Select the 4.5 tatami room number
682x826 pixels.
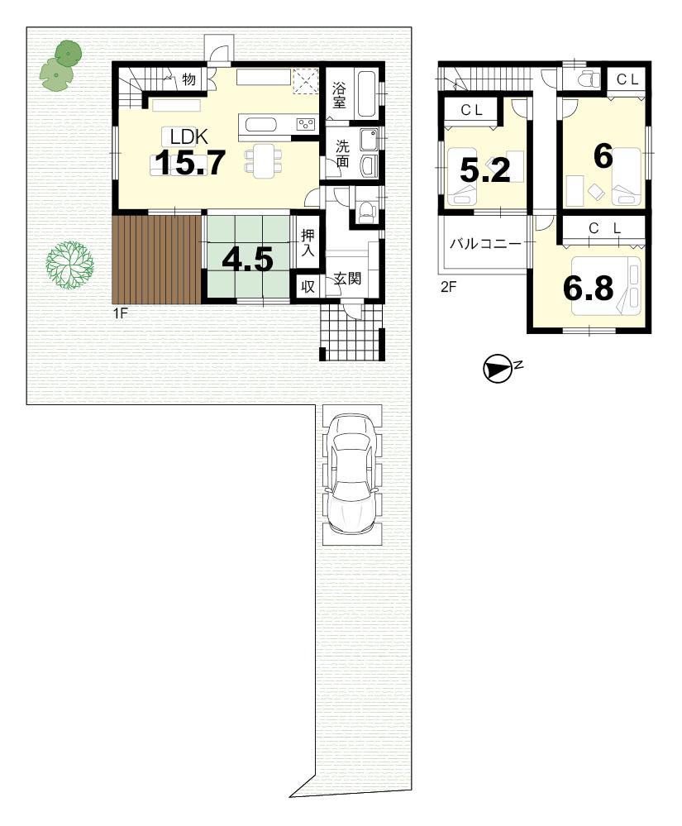pos(247,260)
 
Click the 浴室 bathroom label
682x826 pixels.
pos(340,95)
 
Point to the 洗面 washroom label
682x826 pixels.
pos(341,153)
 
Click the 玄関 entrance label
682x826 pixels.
pos(347,279)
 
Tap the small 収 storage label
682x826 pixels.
pos(308,286)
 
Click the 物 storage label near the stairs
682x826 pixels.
pos(188,79)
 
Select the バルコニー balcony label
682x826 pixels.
pos(485,245)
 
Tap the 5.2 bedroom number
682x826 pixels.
pos(485,169)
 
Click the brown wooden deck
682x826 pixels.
pos(153,259)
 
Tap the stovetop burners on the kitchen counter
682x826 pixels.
pos(305,125)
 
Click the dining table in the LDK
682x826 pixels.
pos(264,157)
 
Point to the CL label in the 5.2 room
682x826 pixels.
pos(472,108)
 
